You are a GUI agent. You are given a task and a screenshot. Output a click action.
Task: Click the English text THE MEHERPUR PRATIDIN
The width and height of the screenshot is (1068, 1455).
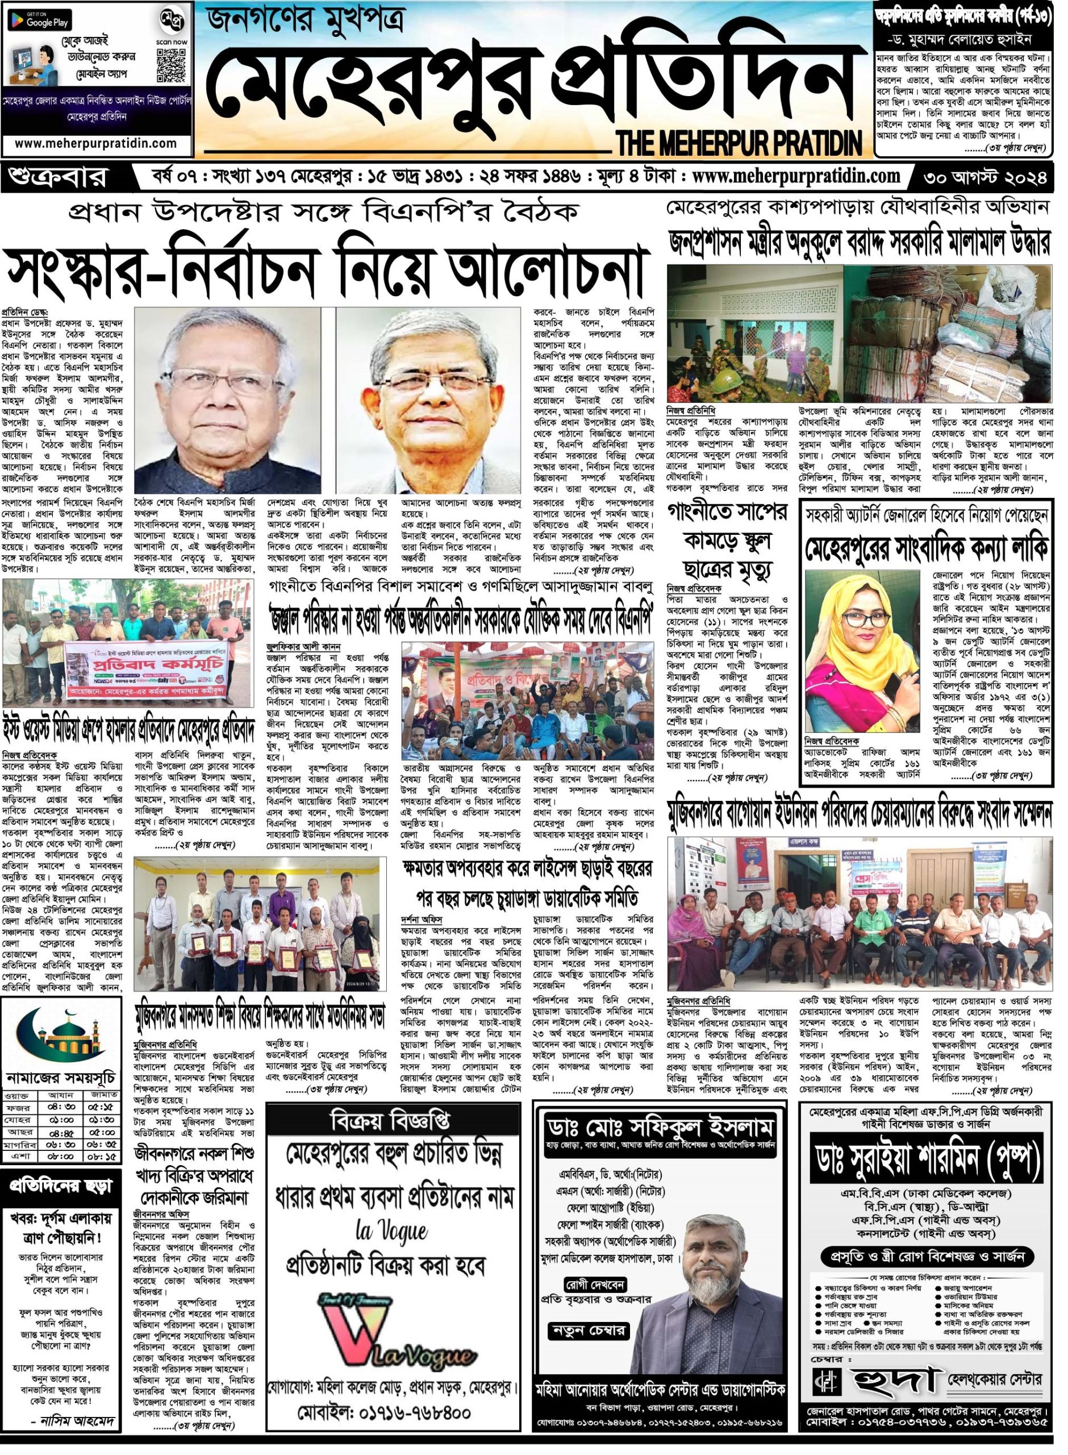(740, 140)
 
